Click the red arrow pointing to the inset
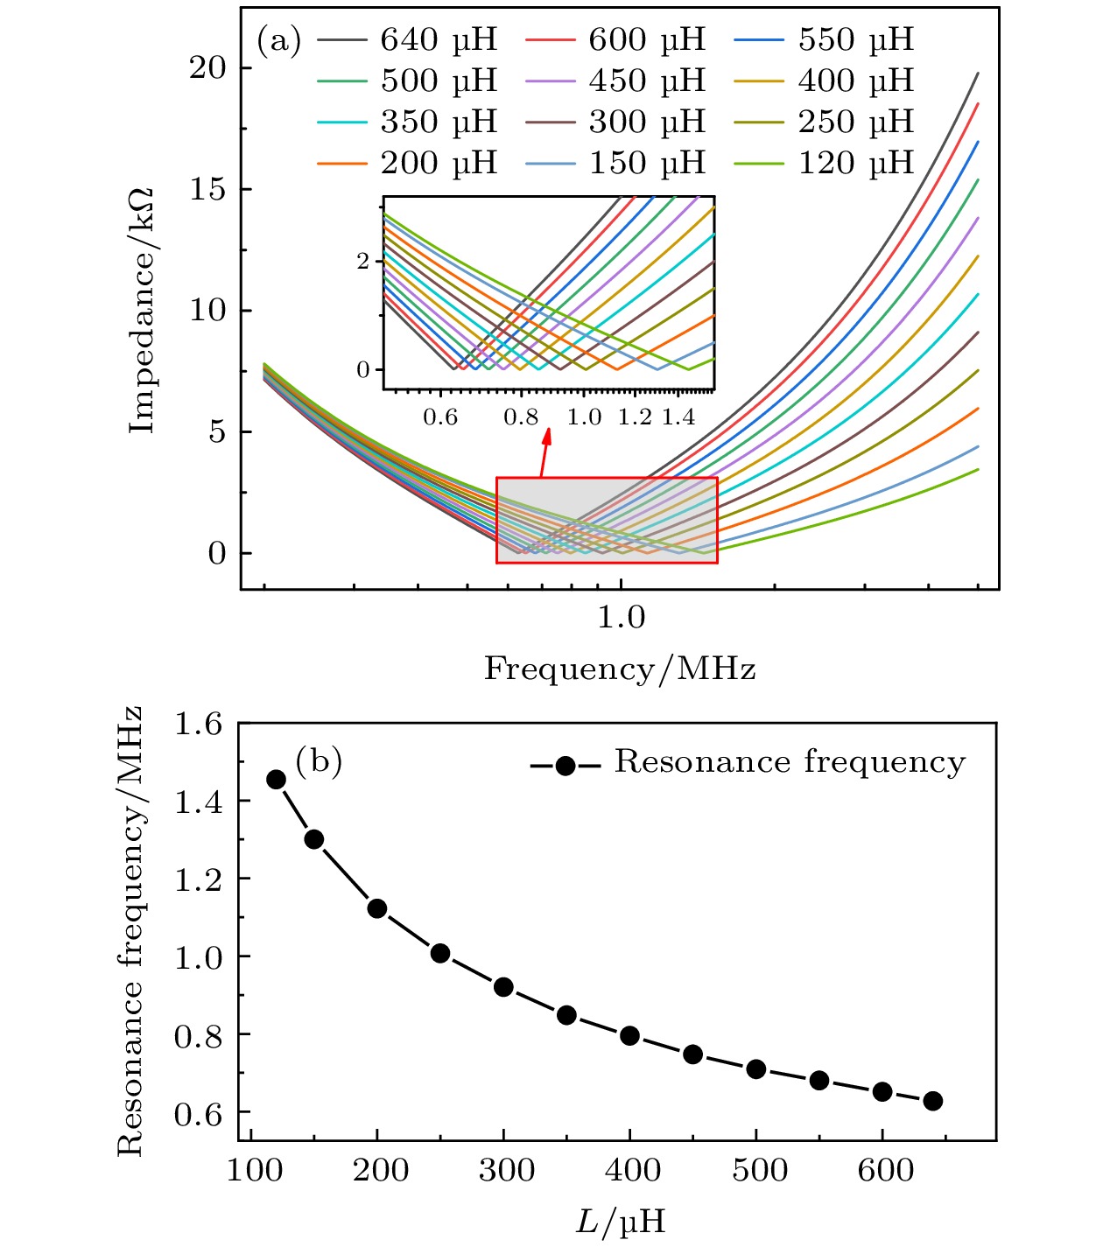[x=545, y=454]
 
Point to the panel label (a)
[x=278, y=40]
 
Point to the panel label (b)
[x=319, y=761]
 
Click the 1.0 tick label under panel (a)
[x=621, y=618]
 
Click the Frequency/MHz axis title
[x=620, y=669]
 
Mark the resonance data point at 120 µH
[x=277, y=780]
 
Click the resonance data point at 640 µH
[x=933, y=1101]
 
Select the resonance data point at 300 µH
[x=503, y=987]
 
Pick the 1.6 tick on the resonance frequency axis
[x=199, y=725]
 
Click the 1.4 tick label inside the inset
[x=678, y=417]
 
